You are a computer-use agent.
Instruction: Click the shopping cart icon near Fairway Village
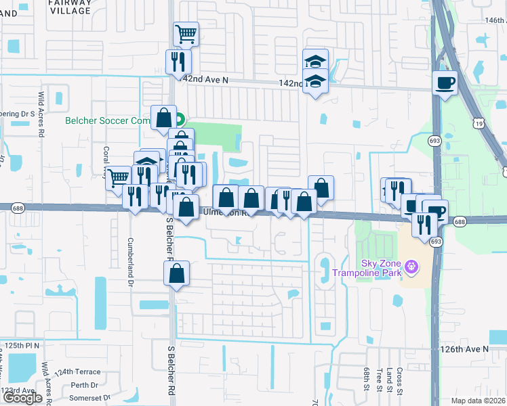(x=186, y=33)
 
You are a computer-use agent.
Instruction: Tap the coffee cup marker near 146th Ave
(x=445, y=83)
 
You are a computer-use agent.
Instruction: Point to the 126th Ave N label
(x=464, y=349)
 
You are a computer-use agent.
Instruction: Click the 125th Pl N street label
(x=22, y=345)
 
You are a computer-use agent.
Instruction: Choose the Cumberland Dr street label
(x=130, y=258)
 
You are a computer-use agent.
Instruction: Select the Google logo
(x=22, y=398)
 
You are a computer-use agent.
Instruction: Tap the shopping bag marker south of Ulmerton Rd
(x=176, y=274)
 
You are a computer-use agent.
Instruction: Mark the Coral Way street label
(x=106, y=159)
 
